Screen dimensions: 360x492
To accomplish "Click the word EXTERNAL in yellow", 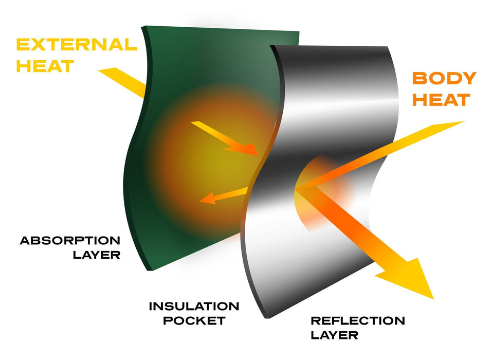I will [77, 45].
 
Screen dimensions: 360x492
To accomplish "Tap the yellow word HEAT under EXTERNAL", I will [45, 66].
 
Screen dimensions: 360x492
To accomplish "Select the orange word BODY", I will [444, 79].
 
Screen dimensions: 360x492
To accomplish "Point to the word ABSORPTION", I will [70, 241].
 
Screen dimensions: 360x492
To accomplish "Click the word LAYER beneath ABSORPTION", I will [99, 255].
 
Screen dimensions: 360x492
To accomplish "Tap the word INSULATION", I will [194, 307].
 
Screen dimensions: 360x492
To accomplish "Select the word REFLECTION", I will [357, 321].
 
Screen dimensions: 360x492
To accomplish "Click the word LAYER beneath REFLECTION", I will [334, 336].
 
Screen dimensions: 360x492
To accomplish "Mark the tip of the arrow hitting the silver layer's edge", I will [256, 153].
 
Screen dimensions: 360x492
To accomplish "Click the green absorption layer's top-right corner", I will [299, 32].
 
